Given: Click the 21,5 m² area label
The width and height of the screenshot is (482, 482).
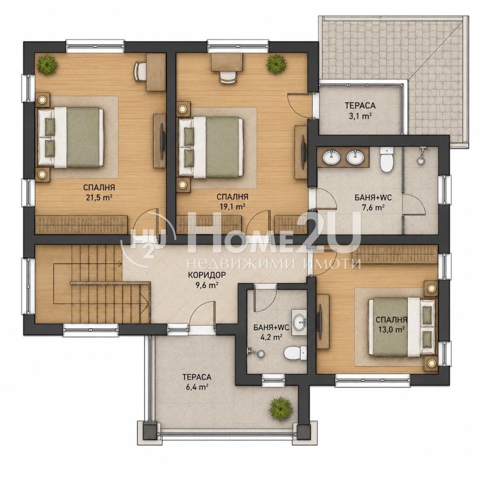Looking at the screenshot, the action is [x=99, y=197].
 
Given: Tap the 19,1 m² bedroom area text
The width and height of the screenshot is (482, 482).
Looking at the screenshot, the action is [x=232, y=207].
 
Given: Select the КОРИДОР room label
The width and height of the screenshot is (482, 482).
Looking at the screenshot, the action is [x=207, y=275].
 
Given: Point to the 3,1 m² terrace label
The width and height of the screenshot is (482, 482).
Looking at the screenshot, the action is [x=360, y=116].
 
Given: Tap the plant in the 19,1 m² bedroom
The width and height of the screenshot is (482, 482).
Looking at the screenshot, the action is [x=276, y=64].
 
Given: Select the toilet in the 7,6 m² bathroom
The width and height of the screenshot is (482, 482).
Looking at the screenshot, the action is [x=387, y=159].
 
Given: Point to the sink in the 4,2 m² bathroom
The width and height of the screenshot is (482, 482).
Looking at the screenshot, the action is [x=299, y=322].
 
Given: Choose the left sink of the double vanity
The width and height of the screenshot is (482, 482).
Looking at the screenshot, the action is [x=331, y=158].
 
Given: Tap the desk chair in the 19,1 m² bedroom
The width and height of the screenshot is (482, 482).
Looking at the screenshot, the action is [x=228, y=76].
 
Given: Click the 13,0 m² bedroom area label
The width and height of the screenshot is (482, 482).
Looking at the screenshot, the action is [x=391, y=330].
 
